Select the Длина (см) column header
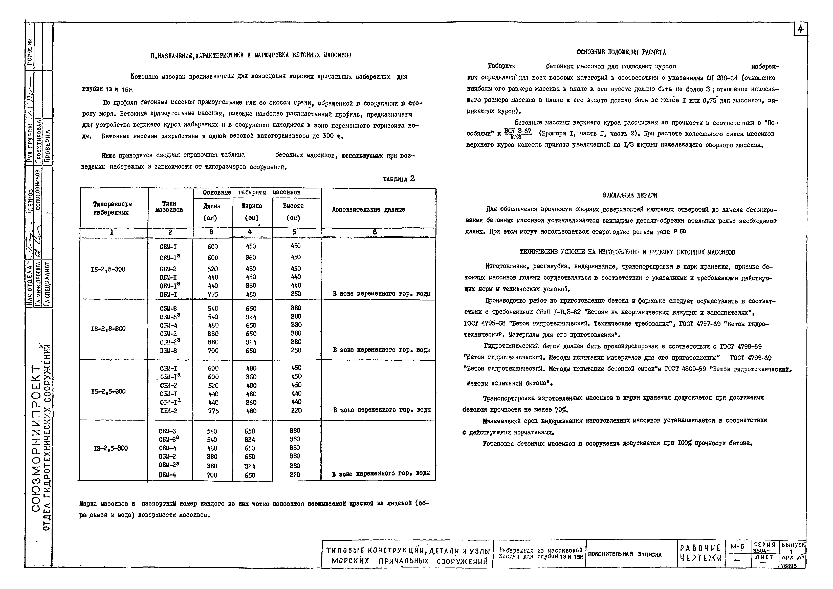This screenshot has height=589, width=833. (x=212, y=212)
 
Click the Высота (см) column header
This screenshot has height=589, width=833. (x=293, y=212)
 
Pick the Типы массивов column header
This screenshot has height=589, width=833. (x=169, y=207)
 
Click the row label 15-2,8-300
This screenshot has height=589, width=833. (x=108, y=269)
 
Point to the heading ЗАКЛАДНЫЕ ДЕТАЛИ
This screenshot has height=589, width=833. (x=629, y=195)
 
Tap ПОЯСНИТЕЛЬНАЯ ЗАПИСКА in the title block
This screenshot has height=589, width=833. (x=625, y=554)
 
